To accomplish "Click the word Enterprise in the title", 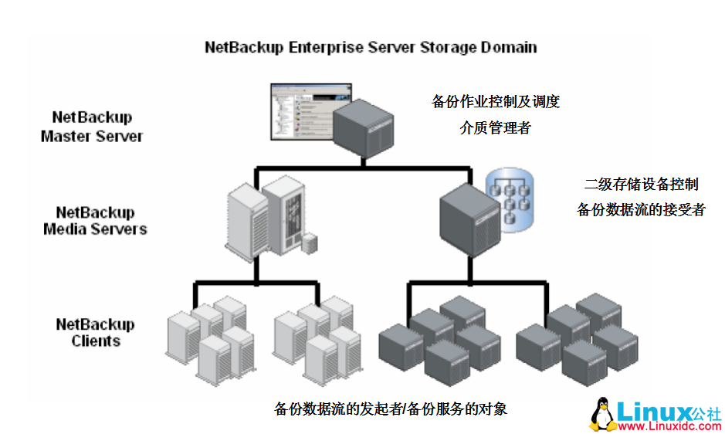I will [327, 47].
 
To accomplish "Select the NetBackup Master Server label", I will [92, 127].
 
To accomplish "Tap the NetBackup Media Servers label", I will [95, 220].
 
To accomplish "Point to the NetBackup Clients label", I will [95, 332].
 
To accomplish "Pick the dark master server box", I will [363, 127].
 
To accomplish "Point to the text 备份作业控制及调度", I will [495, 102].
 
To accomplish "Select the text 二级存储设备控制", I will [641, 184].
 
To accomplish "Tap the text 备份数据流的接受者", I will [641, 209].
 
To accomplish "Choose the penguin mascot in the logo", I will [603, 415].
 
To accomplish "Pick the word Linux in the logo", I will [652, 410].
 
